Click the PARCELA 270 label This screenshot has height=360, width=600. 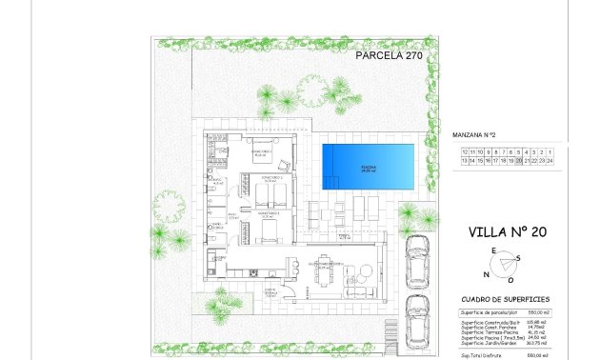[x=390, y=56]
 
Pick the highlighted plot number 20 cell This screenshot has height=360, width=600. [x=518, y=161]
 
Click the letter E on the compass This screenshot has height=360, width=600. [x=493, y=250]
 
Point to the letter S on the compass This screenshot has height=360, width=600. [x=517, y=258]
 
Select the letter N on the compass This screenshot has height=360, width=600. [x=486, y=273]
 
